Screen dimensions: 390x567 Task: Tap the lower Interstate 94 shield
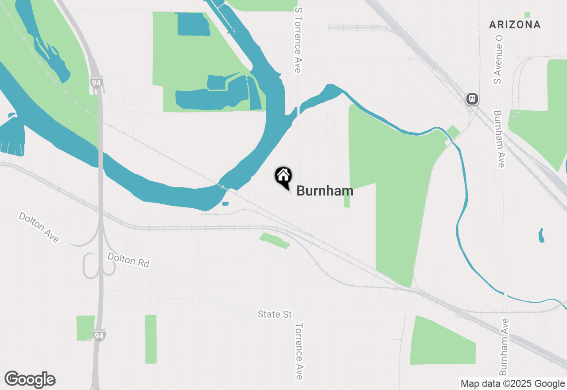click(x=99, y=336)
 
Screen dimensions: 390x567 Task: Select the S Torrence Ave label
click(x=298, y=40)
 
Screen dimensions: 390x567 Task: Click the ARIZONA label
click(x=515, y=25)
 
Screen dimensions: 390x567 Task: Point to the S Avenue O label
click(x=499, y=60)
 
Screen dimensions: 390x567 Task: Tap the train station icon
click(x=472, y=98)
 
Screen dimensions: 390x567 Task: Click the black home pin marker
click(x=283, y=177)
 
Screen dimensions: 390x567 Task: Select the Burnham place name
click(x=325, y=191)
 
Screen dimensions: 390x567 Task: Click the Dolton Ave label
click(x=39, y=227)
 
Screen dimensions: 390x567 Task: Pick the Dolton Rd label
click(x=129, y=260)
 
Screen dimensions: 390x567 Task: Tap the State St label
click(x=275, y=314)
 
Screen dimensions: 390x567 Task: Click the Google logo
click(x=30, y=380)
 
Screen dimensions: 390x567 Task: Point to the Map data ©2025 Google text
click(x=513, y=384)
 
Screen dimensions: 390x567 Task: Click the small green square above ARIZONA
click(x=527, y=15)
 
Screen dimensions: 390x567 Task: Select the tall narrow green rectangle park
click(x=151, y=339)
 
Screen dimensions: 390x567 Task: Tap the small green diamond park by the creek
click(x=453, y=132)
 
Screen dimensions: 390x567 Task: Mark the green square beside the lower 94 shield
click(x=85, y=328)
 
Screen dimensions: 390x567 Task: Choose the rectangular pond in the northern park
click(x=194, y=24)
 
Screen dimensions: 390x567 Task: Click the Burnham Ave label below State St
click(x=503, y=347)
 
